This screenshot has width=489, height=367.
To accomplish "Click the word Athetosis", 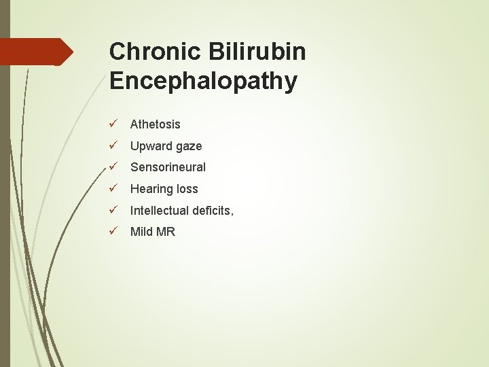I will (x=155, y=124).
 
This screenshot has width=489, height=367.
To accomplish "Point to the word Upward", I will (x=148, y=146).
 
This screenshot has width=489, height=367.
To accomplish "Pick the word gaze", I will (x=187, y=147).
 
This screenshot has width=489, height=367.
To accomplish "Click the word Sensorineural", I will (x=168, y=167).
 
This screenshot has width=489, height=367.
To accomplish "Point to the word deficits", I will (x=211, y=211).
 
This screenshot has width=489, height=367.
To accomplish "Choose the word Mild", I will (x=141, y=232).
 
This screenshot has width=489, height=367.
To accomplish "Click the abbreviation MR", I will (x=166, y=232).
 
